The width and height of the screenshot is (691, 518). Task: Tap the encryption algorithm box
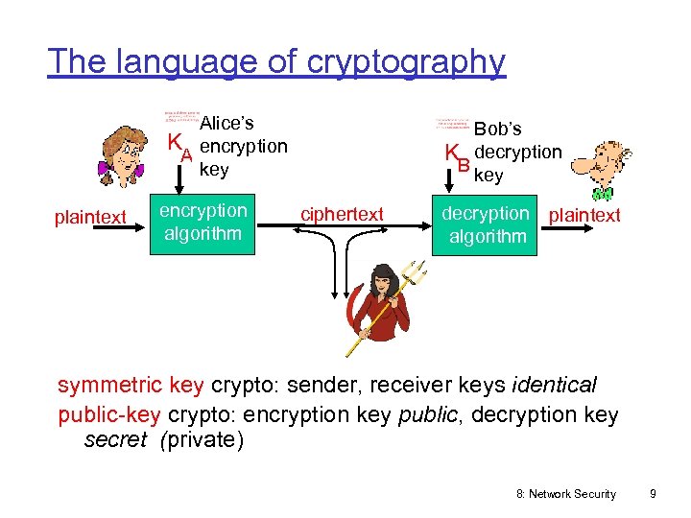(203, 223)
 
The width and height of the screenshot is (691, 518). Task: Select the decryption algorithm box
(487, 224)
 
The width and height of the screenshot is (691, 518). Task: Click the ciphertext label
(343, 214)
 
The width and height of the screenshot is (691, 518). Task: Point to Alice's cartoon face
(120, 152)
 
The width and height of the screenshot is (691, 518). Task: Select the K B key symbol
(457, 156)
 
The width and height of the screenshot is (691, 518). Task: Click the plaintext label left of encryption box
(90, 218)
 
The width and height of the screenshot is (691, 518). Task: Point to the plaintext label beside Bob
(584, 215)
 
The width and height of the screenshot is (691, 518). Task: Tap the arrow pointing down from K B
(458, 184)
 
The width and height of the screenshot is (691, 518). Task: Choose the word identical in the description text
(555, 386)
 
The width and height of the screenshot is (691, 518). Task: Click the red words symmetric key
(131, 386)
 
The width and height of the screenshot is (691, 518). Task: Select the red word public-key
(110, 414)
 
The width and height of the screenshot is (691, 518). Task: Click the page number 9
(653, 493)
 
